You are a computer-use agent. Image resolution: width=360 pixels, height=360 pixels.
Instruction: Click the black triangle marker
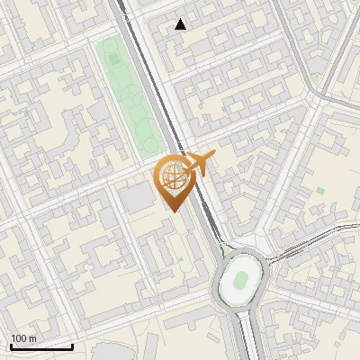[x=181, y=24]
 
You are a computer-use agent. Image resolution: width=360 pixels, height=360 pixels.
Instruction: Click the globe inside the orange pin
[x=171, y=177]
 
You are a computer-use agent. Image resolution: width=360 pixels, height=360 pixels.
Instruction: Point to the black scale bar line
[x=41, y=346]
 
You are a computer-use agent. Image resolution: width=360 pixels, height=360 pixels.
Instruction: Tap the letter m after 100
[x=33, y=338]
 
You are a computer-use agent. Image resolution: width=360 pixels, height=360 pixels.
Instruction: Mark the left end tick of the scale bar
[x=11, y=345]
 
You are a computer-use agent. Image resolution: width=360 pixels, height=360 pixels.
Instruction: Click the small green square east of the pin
[x=320, y=191]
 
